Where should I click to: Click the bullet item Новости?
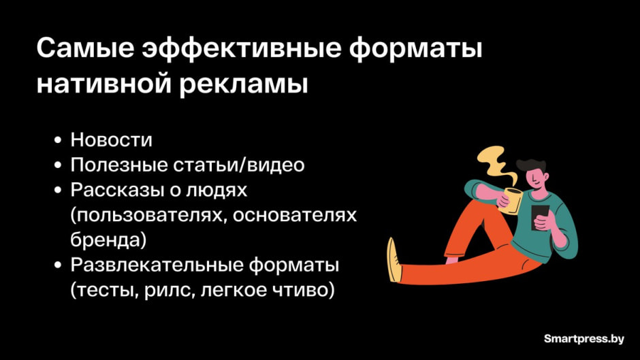(x=112, y=140)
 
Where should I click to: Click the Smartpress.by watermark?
(x=585, y=338)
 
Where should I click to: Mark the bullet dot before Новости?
(x=58, y=141)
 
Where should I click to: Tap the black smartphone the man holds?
(x=540, y=217)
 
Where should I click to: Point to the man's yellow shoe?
(x=394, y=259)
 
